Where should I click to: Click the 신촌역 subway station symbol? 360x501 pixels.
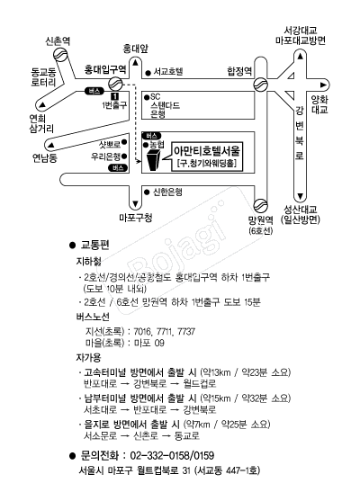[x=60, y=54]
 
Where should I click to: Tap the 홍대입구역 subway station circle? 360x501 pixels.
[x=115, y=84]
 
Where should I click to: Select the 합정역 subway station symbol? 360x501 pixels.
[x=260, y=85]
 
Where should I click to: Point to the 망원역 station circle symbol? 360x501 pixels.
[x=261, y=205]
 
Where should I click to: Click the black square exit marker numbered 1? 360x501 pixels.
[x=114, y=96]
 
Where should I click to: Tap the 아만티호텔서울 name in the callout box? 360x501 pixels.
[x=207, y=151]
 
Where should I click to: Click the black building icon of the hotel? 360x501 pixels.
[x=154, y=161]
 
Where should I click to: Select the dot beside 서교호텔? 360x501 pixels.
[x=148, y=73]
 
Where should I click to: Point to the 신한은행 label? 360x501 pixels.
[x=168, y=192]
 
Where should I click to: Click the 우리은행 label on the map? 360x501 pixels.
[x=106, y=157]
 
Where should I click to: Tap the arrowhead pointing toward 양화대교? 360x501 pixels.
[x=324, y=85]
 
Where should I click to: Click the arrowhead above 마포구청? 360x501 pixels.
[x=135, y=204]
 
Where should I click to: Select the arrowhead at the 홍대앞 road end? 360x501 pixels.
[x=135, y=63]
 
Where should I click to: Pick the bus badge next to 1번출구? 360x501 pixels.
[x=94, y=91]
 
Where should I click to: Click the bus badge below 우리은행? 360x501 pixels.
[x=118, y=167]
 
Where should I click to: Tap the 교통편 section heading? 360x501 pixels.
[x=95, y=245]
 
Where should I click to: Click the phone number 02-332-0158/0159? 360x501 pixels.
[x=172, y=456]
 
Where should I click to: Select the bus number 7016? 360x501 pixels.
[x=142, y=332]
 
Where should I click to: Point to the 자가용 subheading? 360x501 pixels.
[x=88, y=358]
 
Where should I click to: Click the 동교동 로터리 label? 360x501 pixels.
[x=43, y=77]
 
